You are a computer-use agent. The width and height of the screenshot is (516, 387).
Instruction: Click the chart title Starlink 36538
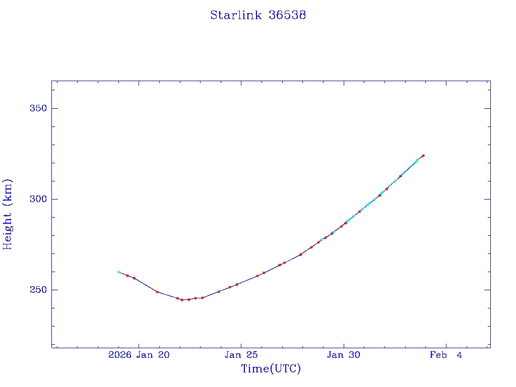(x=258, y=15)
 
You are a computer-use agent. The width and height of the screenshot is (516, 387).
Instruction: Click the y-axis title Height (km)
(x=8, y=214)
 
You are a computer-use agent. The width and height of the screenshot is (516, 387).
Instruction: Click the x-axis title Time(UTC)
(x=271, y=369)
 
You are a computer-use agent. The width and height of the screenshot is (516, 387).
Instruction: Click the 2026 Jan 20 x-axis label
(x=139, y=355)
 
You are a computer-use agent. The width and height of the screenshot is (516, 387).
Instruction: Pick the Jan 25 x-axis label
(x=241, y=355)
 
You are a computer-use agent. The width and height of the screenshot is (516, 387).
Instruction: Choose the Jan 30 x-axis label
(x=344, y=355)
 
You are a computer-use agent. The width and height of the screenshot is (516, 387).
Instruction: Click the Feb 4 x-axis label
(x=446, y=355)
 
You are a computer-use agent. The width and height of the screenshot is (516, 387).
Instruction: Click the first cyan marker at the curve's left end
(x=118, y=272)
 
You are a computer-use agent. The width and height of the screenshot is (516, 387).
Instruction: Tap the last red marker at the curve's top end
(x=423, y=156)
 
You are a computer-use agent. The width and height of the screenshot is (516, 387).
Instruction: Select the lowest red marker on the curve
(x=182, y=300)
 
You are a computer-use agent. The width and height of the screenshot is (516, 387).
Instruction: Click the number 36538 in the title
(x=287, y=15)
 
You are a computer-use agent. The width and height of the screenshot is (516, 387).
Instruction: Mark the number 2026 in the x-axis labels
(x=119, y=355)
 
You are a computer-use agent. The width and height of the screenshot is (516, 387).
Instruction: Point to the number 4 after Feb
(x=459, y=355)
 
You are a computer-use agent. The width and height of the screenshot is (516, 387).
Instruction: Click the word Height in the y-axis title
(x=8, y=230)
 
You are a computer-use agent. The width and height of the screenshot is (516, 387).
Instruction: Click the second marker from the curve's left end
(x=127, y=276)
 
